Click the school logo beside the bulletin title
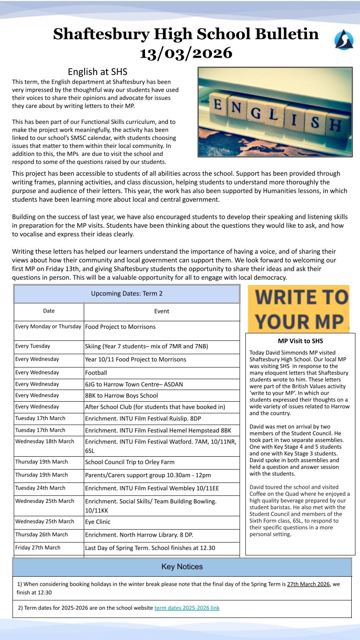tap(344, 40)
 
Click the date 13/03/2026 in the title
tap(186, 53)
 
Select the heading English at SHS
tap(97, 72)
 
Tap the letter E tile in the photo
tap(217, 104)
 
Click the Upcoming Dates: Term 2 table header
tap(127, 293)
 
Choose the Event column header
tap(162, 311)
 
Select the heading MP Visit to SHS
tap(300, 341)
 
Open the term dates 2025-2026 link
tap(187, 608)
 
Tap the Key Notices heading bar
tap(182, 567)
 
